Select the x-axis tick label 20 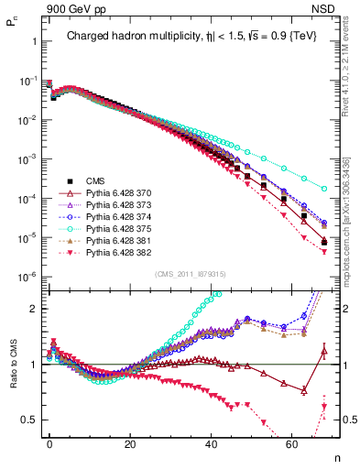click(x=130, y=443)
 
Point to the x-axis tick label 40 click(x=211, y=443)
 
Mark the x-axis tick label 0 click(x=49, y=443)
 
